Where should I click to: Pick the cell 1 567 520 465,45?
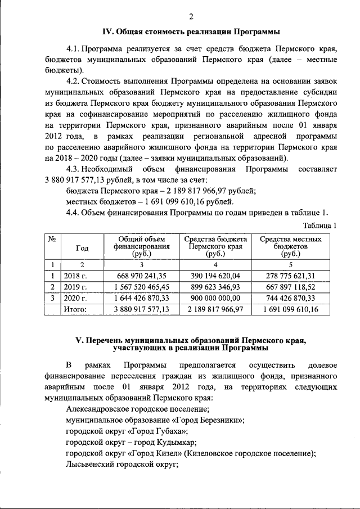[x=141, y=287]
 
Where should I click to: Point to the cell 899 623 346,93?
[x=215, y=287]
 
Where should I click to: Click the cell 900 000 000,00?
[x=215, y=298]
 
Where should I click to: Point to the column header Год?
[x=82, y=249]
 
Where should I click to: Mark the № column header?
[x=52, y=239]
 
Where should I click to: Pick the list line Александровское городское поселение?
[x=138, y=409]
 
